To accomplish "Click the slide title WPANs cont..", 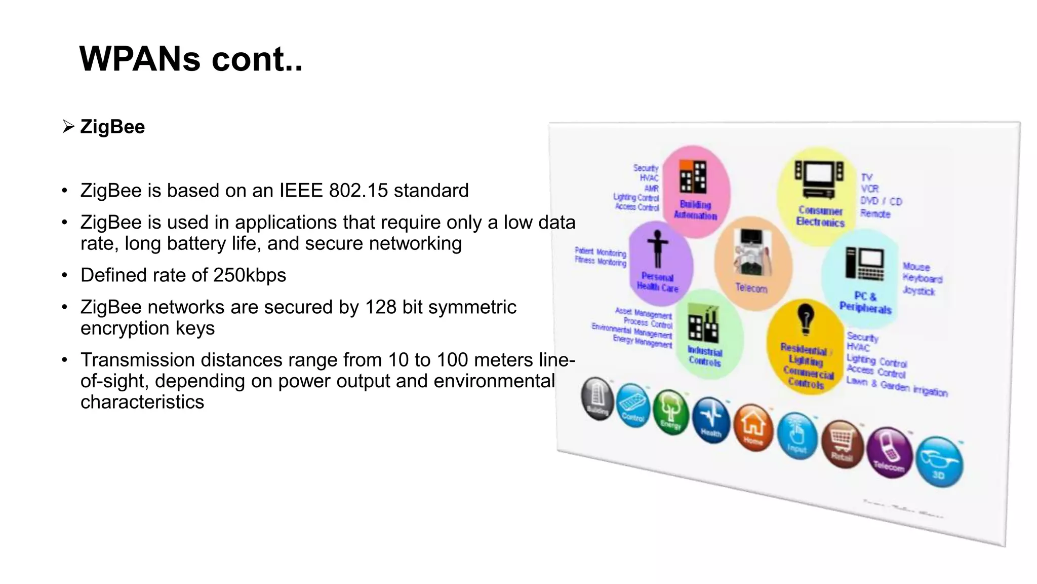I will (191, 59).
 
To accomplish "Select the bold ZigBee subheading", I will (112, 127).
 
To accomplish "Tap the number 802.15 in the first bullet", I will (358, 191).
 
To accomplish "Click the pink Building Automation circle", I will (696, 191).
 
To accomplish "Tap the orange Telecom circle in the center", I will (752, 263).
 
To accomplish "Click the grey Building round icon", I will (597, 399).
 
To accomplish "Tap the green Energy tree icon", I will (670, 412).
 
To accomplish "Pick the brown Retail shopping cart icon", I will (842, 444).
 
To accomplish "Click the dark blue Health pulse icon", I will (711, 420).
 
